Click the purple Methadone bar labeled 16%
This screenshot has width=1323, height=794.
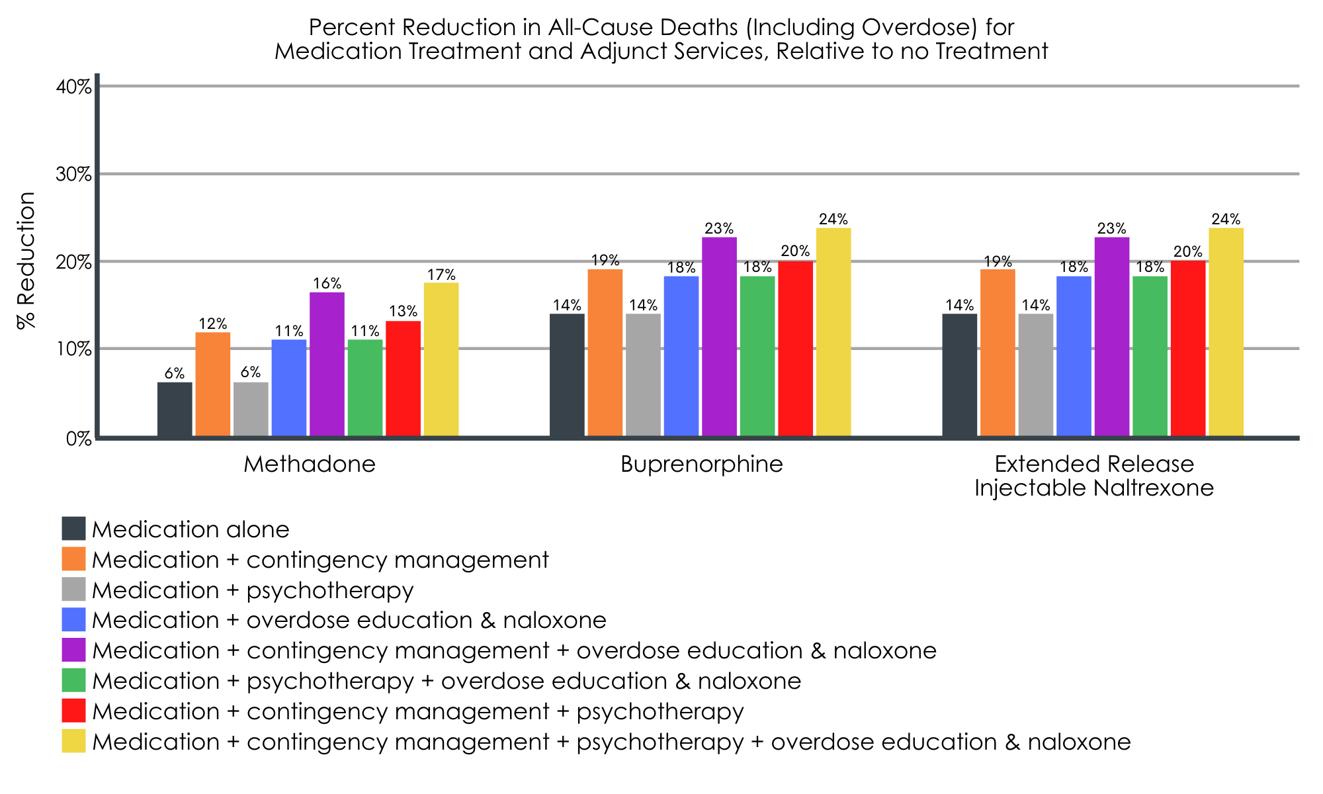tap(327, 364)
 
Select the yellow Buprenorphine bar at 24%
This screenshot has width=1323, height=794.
tap(833, 332)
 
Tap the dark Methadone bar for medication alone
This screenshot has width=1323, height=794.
tap(175, 409)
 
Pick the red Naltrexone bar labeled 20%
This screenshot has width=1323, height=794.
tap(1188, 348)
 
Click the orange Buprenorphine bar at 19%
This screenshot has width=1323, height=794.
tap(605, 353)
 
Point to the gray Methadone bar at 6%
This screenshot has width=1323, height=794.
tap(251, 409)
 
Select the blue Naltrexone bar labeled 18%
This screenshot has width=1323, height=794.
tap(1074, 356)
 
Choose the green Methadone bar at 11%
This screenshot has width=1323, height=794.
tap(365, 388)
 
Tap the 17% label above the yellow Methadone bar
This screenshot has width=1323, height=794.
tap(441, 275)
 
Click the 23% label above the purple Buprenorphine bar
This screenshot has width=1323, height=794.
tap(719, 229)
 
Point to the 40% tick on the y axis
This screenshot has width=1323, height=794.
tap(73, 87)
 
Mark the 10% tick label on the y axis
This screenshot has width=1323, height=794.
tap(73, 349)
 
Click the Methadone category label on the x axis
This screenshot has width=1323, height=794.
tap(310, 464)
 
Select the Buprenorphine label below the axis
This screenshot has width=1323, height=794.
tap(702, 464)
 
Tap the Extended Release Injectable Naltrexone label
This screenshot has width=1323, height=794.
tap(1094, 476)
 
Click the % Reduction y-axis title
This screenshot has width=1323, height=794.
tap(26, 261)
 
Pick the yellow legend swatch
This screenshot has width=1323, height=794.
tap(74, 741)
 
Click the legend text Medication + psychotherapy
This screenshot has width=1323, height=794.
tap(253, 590)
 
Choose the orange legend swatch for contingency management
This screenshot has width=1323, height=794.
tap(74, 558)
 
